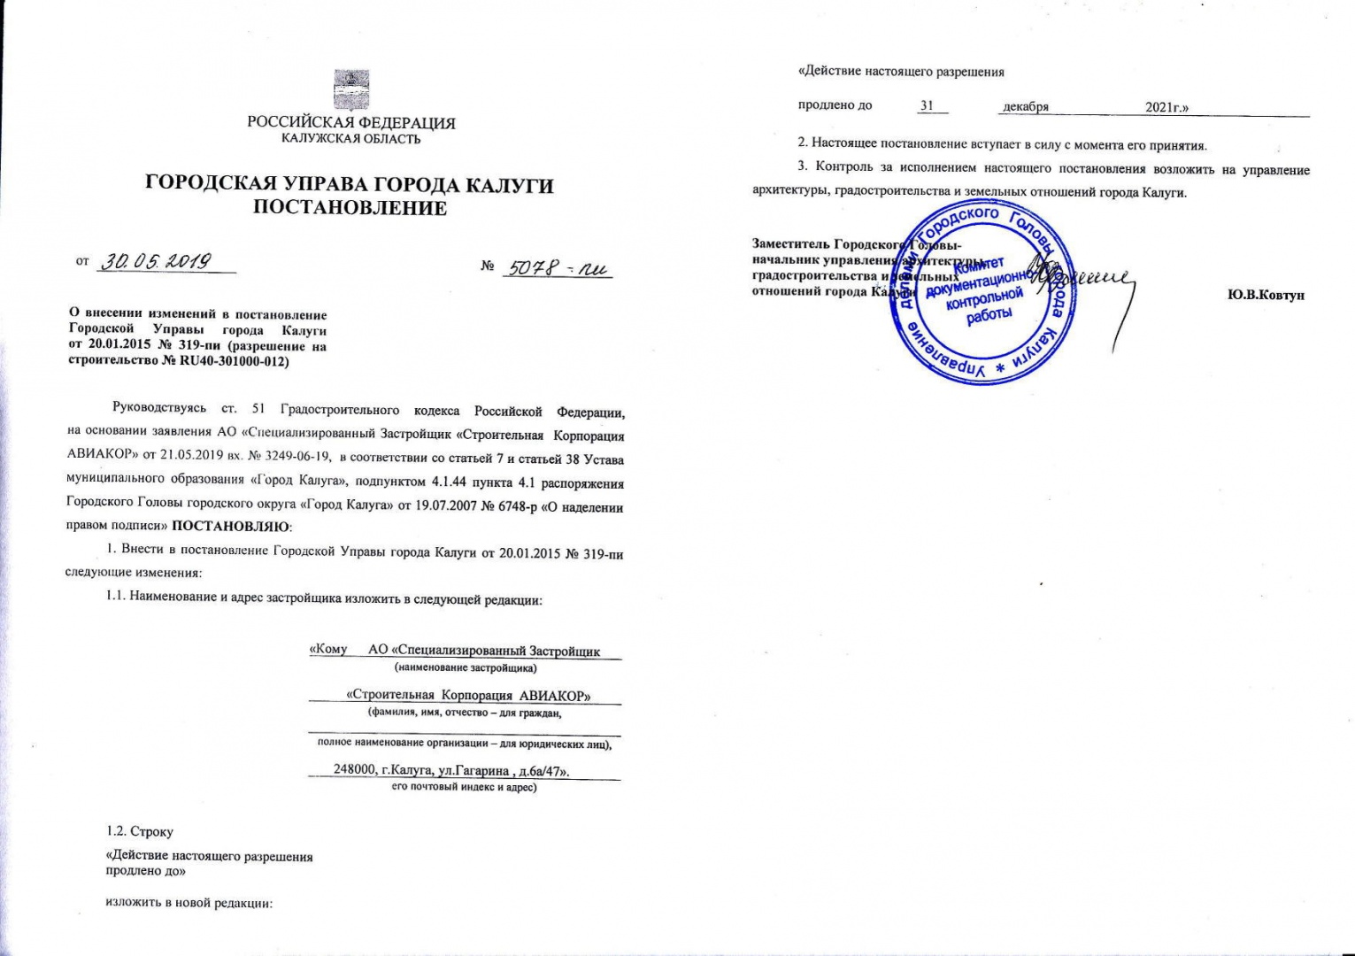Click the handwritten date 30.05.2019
point(156,261)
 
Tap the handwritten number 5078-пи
point(558,267)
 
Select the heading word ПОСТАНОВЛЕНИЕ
point(350,209)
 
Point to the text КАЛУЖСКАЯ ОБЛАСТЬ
point(350,139)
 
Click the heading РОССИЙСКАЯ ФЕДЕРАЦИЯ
point(350,123)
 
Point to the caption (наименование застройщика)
point(465,667)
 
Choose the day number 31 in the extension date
point(927,105)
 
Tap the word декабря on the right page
point(1025,106)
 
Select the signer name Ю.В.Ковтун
point(1266,295)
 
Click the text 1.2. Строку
point(140,831)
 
